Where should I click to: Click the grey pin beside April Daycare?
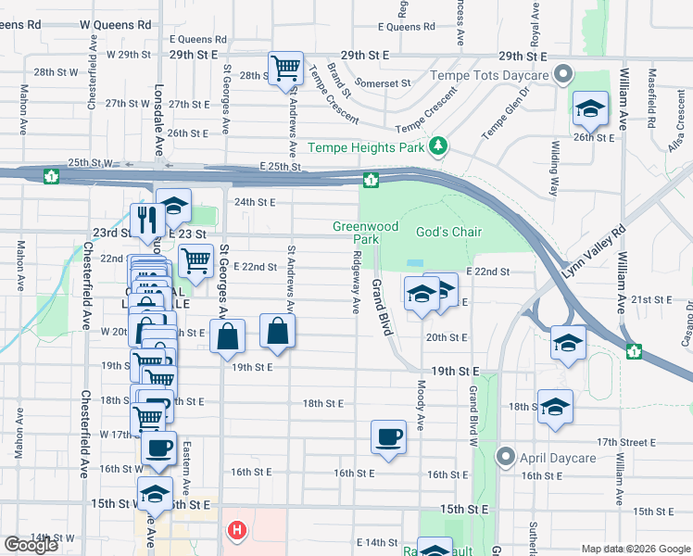pyautogui.click(x=505, y=456)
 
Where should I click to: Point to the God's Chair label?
pyautogui.click(x=448, y=231)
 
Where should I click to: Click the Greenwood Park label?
pyautogui.click(x=366, y=233)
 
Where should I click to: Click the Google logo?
pyautogui.click(x=31, y=545)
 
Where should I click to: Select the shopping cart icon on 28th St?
pyautogui.click(x=284, y=68)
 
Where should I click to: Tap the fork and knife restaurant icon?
pyautogui.click(x=146, y=220)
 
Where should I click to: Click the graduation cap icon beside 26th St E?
pyautogui.click(x=590, y=108)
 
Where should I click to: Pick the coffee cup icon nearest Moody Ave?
pyautogui.click(x=388, y=436)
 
